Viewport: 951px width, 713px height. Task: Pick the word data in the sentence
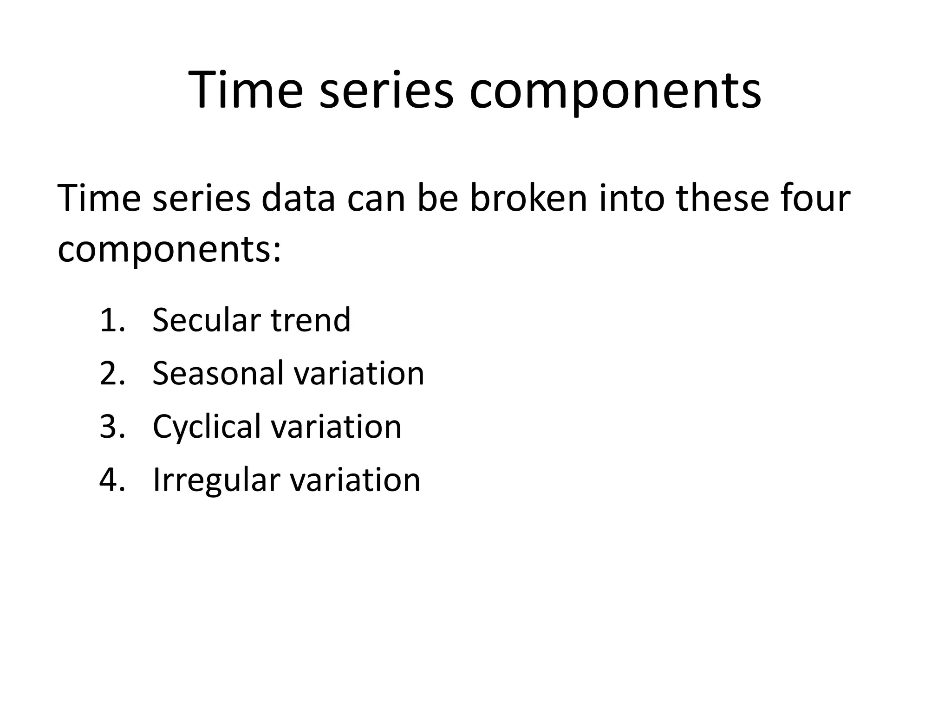[x=298, y=198]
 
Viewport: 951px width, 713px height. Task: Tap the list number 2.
[x=112, y=373]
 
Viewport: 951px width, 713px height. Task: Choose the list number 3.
[x=112, y=427]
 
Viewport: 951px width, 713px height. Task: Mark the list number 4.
[x=112, y=480]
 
